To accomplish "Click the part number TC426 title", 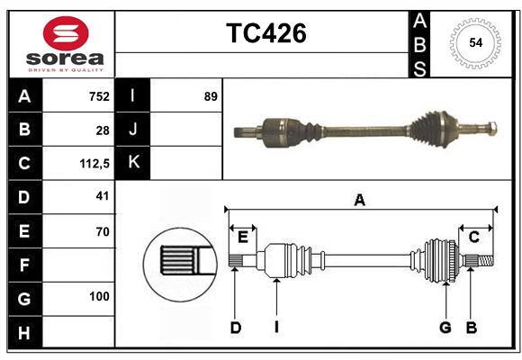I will pyautogui.click(x=265, y=33).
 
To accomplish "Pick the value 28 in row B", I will pyautogui.click(x=103, y=130).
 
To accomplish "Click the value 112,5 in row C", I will pyautogui.click(x=94, y=164).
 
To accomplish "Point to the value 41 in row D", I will pyautogui.click(x=102, y=196).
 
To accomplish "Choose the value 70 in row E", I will pyautogui.click(x=102, y=231).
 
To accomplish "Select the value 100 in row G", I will pyautogui.click(x=99, y=296).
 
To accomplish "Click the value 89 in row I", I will pyautogui.click(x=211, y=96).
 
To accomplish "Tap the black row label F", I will pyautogui.click(x=24, y=265).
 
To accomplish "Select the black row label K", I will pyautogui.click(x=133, y=163).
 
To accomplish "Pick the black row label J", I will pyautogui.click(x=133, y=130).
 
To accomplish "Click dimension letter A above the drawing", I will pyautogui.click(x=359, y=200).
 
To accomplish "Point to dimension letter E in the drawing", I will pyautogui.click(x=243, y=237).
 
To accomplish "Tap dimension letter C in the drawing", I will pyautogui.click(x=473, y=237).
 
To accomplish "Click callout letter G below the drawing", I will pyautogui.click(x=445, y=328).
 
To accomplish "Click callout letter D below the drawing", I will pyautogui.click(x=235, y=328).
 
